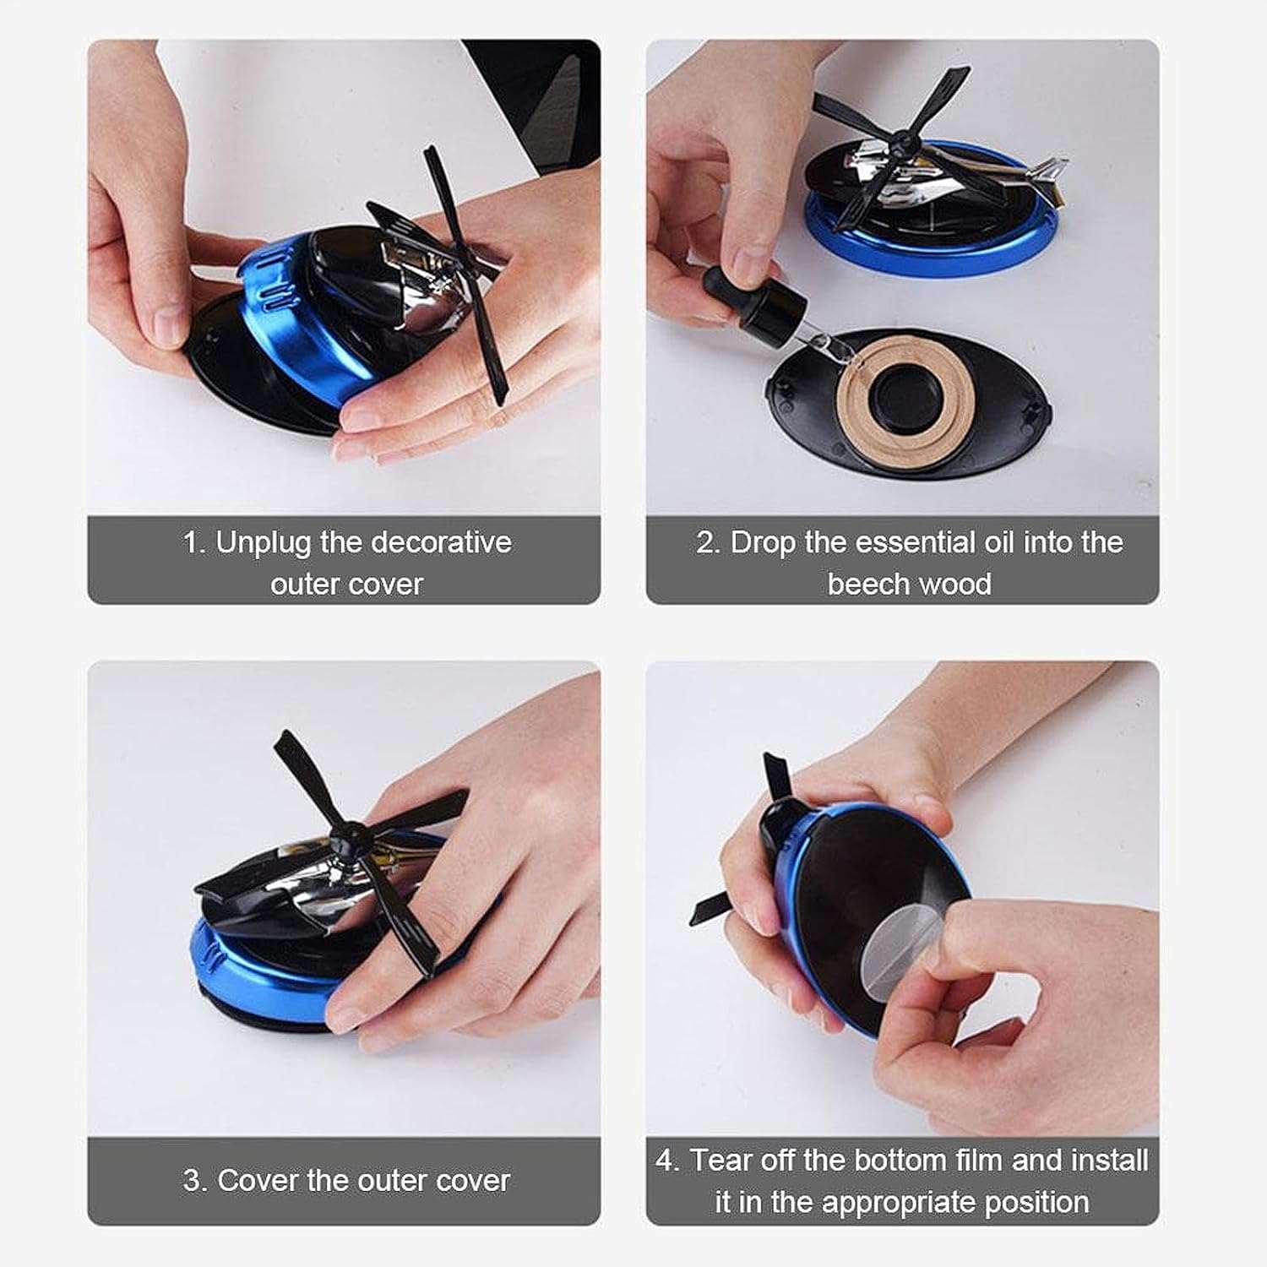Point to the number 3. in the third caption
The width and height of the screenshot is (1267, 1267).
[194, 1180]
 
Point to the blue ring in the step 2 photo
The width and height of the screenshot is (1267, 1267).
[929, 258]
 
